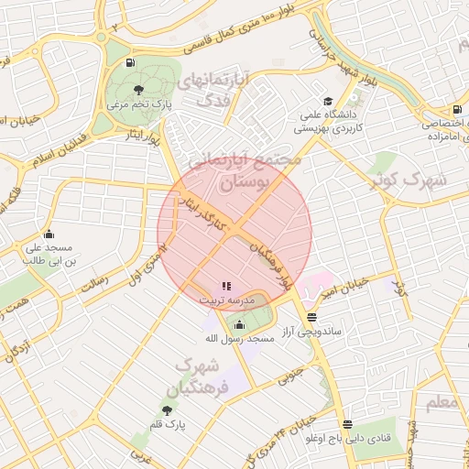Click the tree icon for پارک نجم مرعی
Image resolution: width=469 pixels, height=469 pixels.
tap(138, 90)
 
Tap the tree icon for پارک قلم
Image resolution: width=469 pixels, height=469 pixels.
tap(167, 410)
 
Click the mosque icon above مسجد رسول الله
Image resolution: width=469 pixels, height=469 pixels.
tap(240, 324)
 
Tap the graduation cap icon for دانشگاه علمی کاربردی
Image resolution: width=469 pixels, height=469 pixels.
tap(328, 102)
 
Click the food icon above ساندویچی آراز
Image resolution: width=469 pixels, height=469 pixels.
tap(312, 316)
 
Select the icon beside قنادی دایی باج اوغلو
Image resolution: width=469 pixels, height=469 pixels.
tap(346, 424)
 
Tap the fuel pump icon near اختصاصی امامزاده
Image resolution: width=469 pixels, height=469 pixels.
tap(431, 111)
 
